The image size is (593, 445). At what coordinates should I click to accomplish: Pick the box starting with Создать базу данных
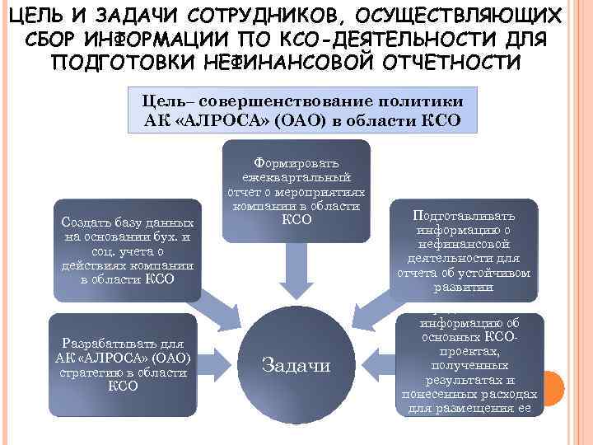pyautogui.click(x=127, y=251)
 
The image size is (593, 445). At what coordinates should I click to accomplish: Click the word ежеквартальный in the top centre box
pyautogui.click(x=296, y=177)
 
